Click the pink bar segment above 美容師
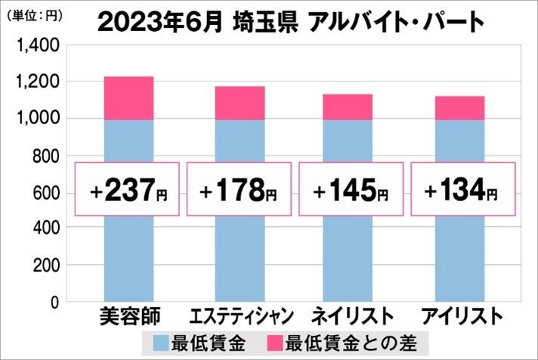[128, 98]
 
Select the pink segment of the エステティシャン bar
[240, 103]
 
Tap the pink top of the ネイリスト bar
[348, 107]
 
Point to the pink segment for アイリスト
[459, 107]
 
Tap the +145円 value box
[348, 189]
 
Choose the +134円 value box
[459, 189]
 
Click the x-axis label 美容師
[128, 316]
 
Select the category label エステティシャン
[240, 316]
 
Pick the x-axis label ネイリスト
[348, 316]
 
